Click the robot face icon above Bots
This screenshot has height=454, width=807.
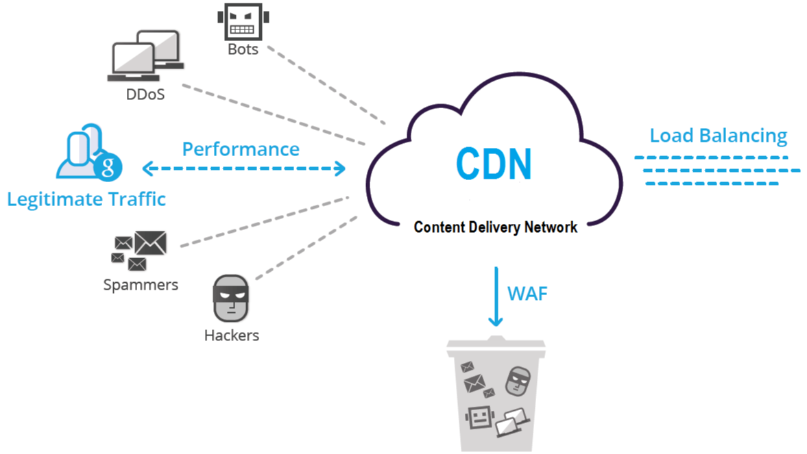coord(243,22)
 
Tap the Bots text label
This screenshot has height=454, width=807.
coord(243,49)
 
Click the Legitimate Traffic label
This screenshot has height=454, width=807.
coord(86,199)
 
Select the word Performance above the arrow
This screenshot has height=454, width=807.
coord(241,149)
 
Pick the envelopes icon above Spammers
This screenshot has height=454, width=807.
coord(139,251)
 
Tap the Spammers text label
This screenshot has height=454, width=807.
coord(141,284)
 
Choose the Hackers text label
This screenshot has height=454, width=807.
coord(232,336)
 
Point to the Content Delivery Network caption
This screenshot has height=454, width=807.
coord(496,227)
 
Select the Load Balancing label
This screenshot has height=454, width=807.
coord(718,135)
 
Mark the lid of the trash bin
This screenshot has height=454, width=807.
coord(494,346)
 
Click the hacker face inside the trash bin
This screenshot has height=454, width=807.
coord(518,381)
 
